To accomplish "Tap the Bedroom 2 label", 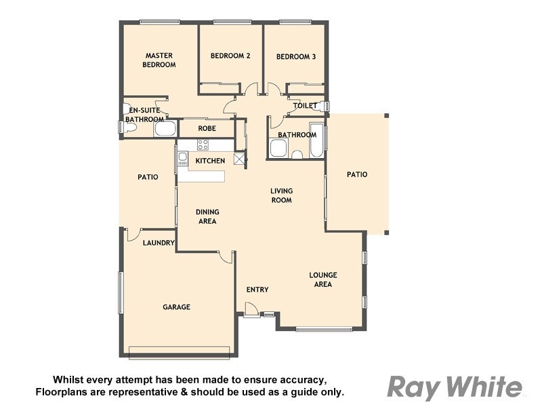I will (x=230, y=56).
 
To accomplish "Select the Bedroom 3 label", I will (x=296, y=57).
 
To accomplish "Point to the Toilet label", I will (x=305, y=106).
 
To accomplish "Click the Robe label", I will (x=207, y=128).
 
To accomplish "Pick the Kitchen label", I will (x=210, y=161).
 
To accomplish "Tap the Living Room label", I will (x=281, y=195).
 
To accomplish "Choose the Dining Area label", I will (x=207, y=216).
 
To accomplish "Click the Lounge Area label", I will (x=323, y=279).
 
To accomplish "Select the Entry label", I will (x=257, y=290).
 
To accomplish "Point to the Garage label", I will (x=176, y=307).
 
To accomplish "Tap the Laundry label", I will (x=159, y=243).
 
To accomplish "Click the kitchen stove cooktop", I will (x=203, y=144).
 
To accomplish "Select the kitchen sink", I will (x=182, y=159).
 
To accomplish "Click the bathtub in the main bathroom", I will (x=317, y=140).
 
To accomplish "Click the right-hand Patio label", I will (x=357, y=174).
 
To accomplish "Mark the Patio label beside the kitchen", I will (x=148, y=177).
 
